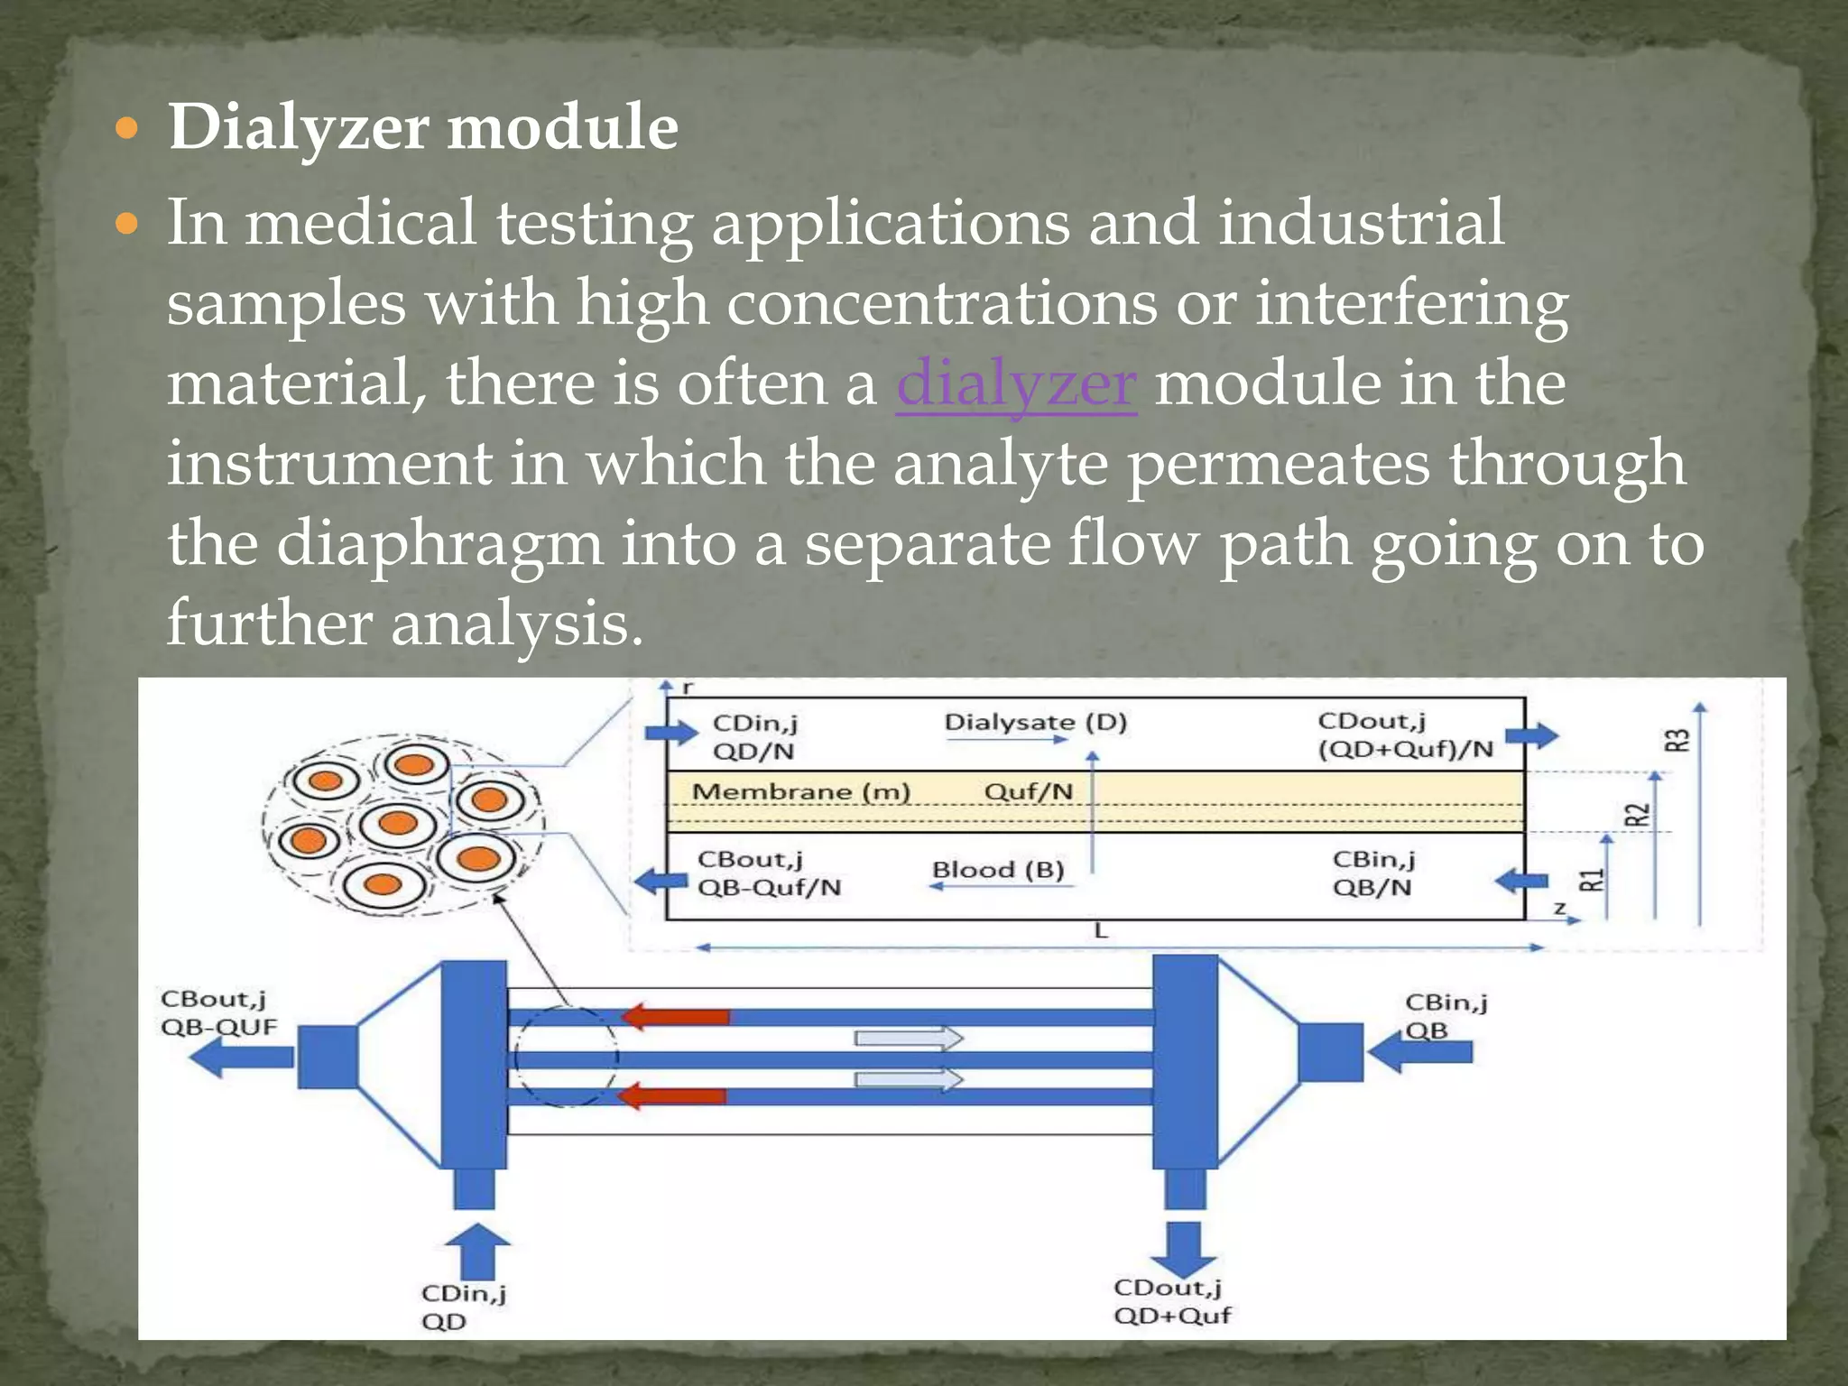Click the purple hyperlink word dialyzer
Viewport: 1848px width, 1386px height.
[x=1015, y=383]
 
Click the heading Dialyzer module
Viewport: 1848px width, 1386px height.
[x=422, y=126]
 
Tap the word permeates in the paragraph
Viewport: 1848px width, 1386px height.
[x=1279, y=463]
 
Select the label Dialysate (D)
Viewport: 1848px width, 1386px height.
[x=1035, y=722]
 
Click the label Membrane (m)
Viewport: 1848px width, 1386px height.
[x=800, y=791]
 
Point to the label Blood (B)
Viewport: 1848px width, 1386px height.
[x=998, y=869]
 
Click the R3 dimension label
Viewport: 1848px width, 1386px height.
[x=1677, y=740]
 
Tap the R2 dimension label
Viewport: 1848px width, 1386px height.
[x=1637, y=814]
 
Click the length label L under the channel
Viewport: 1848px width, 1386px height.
[x=1100, y=930]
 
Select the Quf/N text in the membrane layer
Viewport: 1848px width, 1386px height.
[x=1028, y=791]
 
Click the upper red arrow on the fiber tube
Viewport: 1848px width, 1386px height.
[x=675, y=1017]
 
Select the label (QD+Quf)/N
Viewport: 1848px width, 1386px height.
[x=1405, y=749]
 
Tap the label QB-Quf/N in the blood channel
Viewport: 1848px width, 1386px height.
[x=769, y=887]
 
